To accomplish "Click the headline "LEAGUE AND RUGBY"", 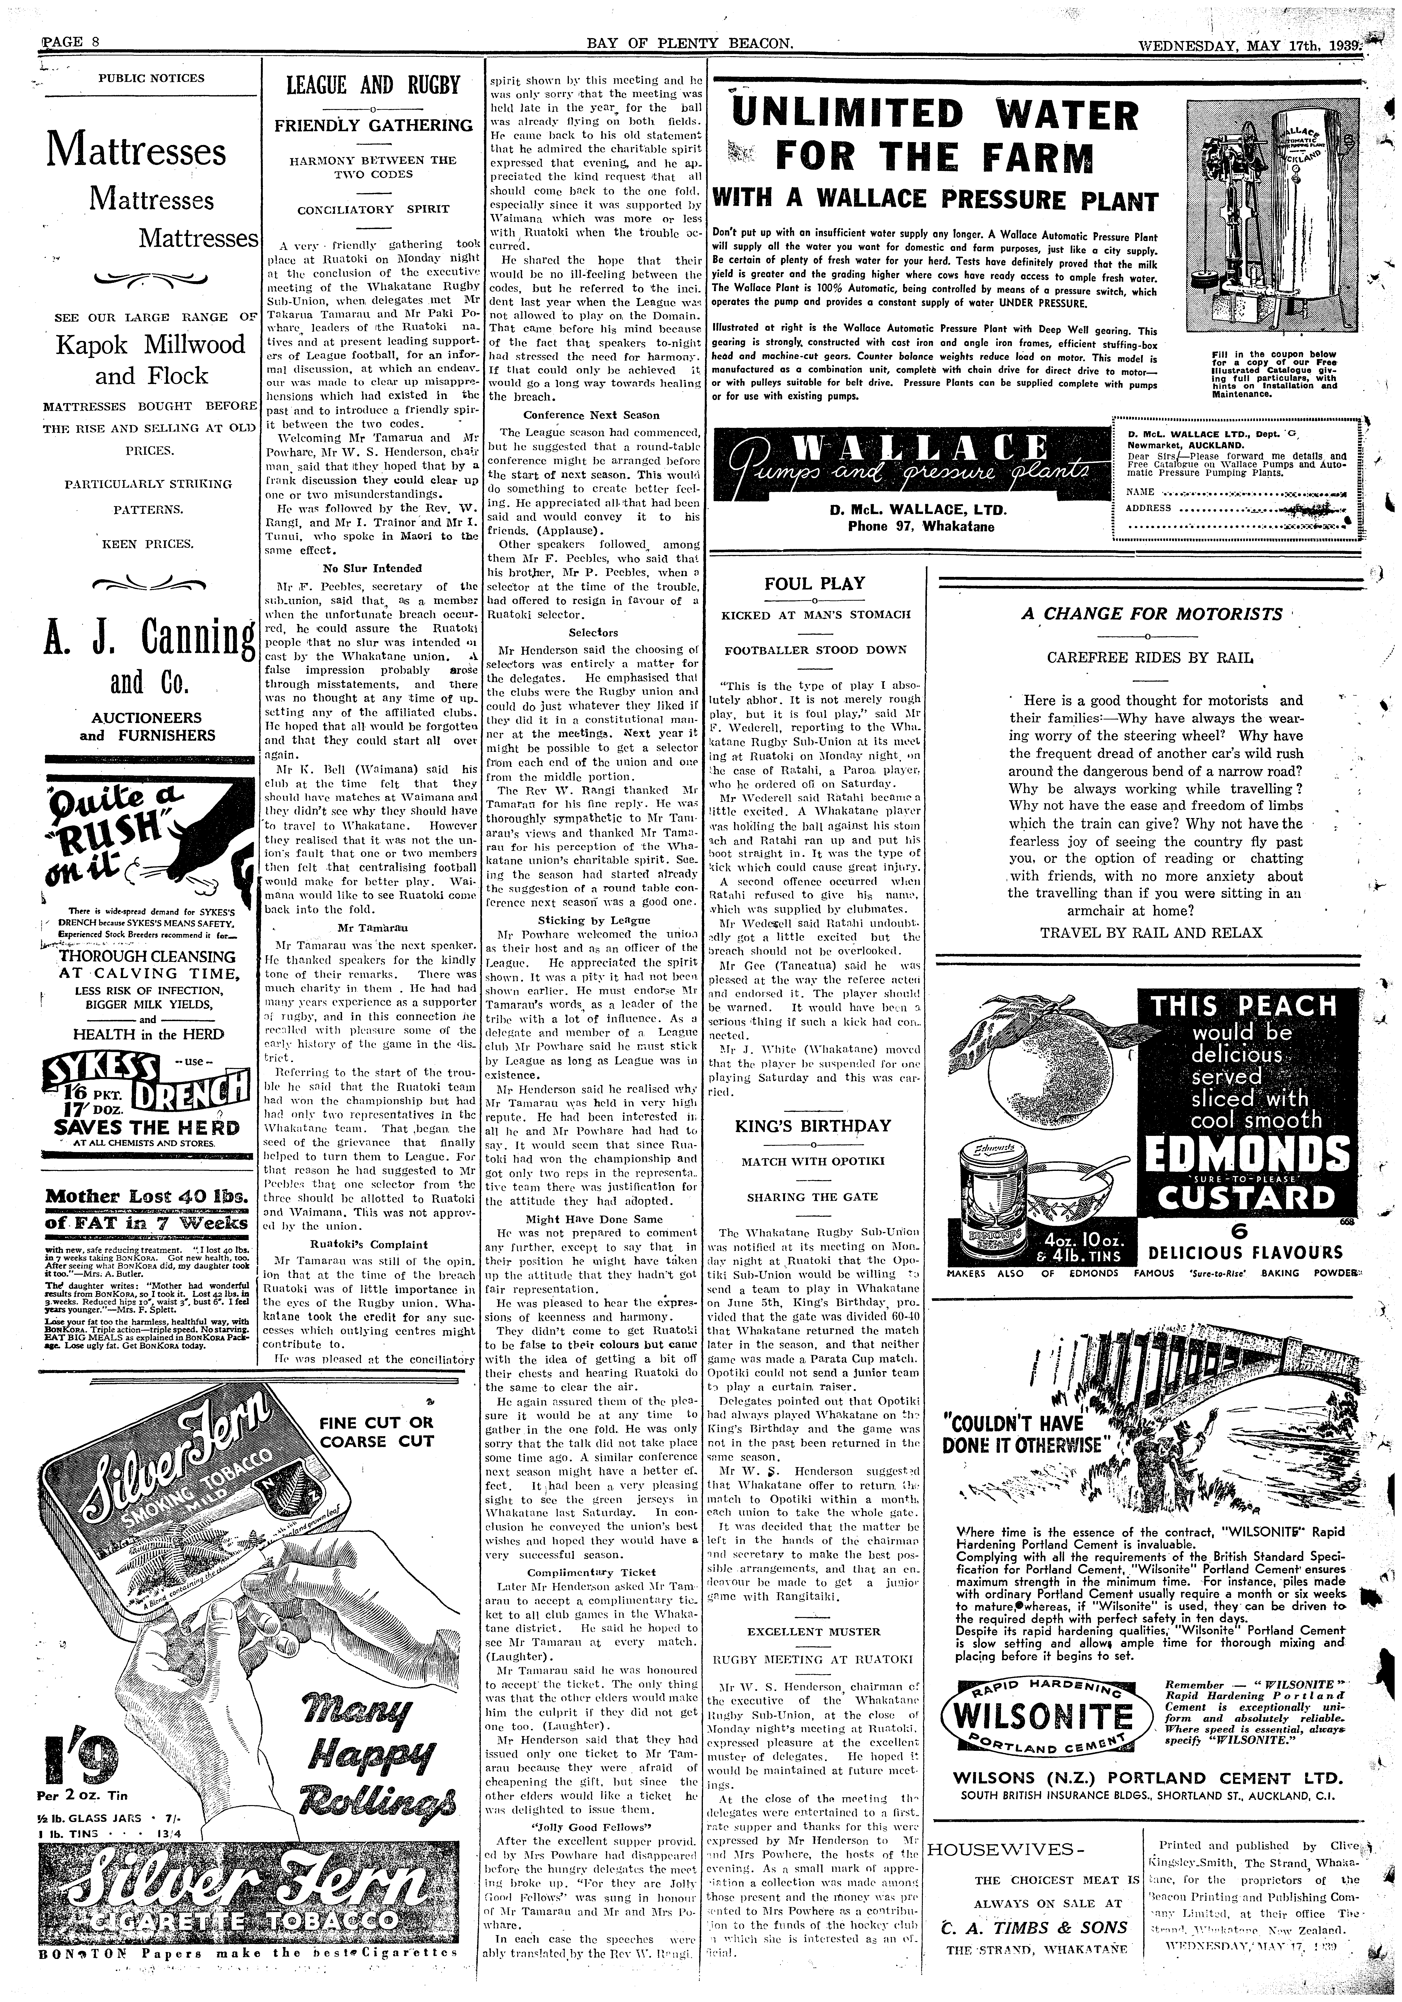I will point(373,85).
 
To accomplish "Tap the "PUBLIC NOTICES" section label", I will point(152,78).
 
